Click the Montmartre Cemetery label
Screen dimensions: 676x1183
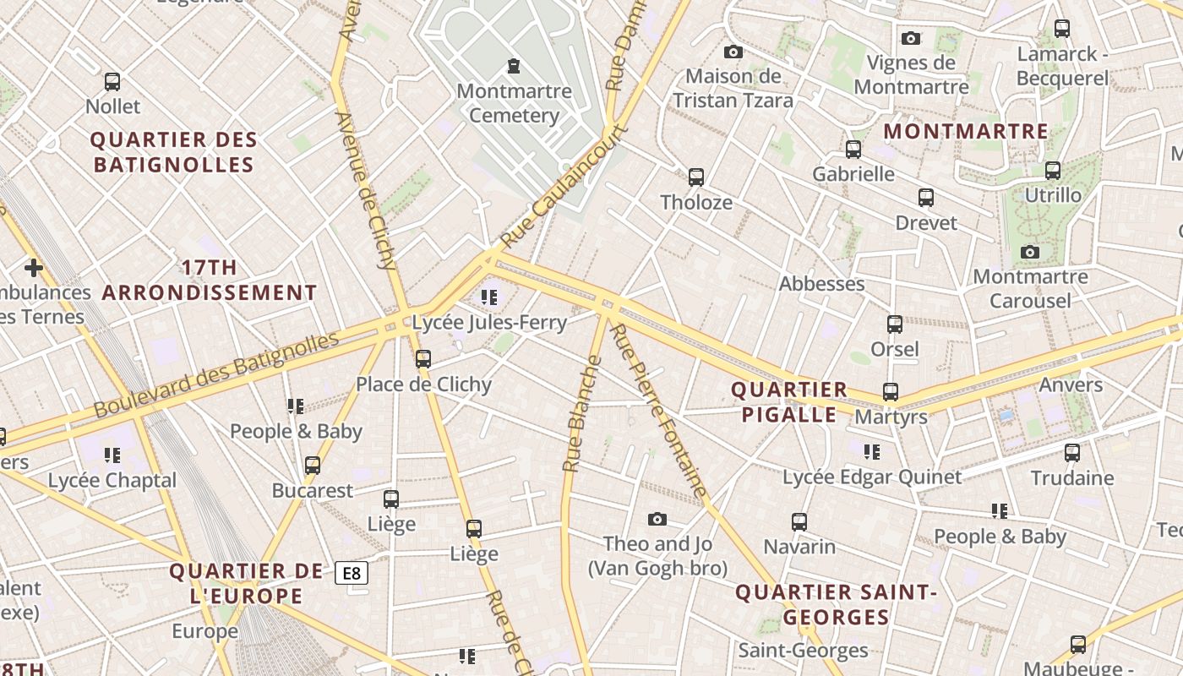(x=514, y=103)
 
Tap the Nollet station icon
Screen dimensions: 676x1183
(x=112, y=82)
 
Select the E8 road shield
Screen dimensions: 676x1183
(x=352, y=574)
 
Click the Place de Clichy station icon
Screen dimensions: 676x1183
(x=423, y=359)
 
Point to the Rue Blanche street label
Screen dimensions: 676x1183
(x=582, y=414)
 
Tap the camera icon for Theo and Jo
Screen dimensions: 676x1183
(x=657, y=519)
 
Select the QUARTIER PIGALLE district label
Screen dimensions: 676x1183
(x=789, y=401)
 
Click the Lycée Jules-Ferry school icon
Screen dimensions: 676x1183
(x=488, y=297)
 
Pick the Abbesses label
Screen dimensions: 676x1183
(x=821, y=284)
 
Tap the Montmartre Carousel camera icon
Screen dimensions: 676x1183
(x=1029, y=252)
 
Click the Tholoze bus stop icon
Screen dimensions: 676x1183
(x=695, y=177)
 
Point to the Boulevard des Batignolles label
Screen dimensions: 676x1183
(x=216, y=375)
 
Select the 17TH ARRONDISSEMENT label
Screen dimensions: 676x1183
(x=210, y=281)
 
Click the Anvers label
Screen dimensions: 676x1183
(x=1071, y=385)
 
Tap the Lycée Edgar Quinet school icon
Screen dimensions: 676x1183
(x=872, y=452)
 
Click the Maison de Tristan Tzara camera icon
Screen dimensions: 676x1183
(x=733, y=52)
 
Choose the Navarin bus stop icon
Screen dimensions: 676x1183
(x=799, y=521)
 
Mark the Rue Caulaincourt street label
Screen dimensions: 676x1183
(x=564, y=188)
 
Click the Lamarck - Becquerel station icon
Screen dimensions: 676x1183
(x=1062, y=29)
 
